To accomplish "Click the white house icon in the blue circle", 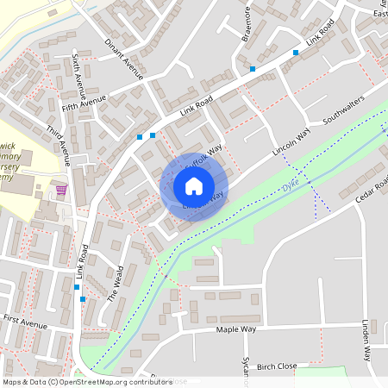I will pos(194,186).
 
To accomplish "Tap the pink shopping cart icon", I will pos(61,190).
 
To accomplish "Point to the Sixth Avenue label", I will pos(78,72).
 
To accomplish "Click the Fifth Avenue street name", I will pos(84,105).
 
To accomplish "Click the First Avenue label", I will pos(24,319).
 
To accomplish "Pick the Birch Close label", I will pos(277,366).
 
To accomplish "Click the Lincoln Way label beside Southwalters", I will pos(290,142).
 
